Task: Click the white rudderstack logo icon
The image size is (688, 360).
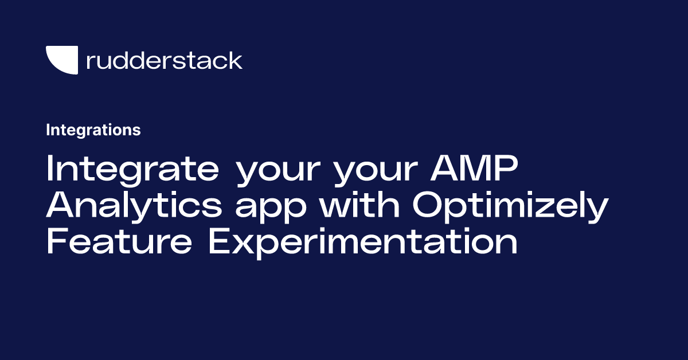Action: click(x=61, y=60)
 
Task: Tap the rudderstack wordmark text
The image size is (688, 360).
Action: click(x=164, y=60)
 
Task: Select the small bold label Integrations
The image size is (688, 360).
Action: click(x=93, y=130)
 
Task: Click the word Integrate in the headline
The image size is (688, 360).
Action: click(x=132, y=170)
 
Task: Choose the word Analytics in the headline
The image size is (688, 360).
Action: click(x=134, y=207)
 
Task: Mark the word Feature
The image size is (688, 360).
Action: click(x=119, y=243)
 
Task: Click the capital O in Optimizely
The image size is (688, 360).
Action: click(x=429, y=206)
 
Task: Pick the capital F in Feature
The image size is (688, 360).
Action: click(x=57, y=243)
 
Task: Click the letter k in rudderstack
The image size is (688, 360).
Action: click(x=235, y=60)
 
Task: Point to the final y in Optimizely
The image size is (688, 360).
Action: click(x=598, y=210)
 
